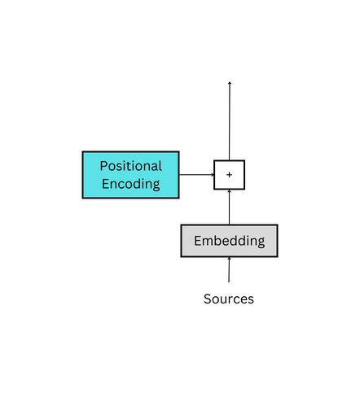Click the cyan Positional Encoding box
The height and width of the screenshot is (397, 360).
pos(130,174)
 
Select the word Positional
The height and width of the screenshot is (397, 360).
pos(130,166)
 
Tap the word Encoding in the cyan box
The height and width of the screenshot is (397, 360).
pos(130,184)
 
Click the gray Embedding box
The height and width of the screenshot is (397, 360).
pos(229,241)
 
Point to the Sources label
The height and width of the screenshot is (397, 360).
pos(228,299)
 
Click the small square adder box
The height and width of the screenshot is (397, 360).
pos(229,175)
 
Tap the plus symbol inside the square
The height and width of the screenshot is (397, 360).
pos(229,175)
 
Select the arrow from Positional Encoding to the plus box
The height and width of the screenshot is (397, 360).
pos(195,174)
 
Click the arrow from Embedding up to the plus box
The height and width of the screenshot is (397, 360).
pos(229,207)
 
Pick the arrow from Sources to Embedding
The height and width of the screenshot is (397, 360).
pos(229,270)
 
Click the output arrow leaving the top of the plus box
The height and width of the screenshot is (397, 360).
pos(229,122)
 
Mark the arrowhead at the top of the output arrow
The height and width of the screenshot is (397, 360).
pos(229,83)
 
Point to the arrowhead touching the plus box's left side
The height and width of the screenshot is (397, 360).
pos(211,174)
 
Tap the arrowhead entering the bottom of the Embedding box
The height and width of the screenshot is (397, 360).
pos(229,260)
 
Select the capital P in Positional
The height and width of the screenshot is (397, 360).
pos(103,166)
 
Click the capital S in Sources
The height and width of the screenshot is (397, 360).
pos(208,299)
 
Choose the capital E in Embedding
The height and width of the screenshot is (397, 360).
pos(198,241)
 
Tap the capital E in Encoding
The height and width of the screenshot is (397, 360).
pos(106,184)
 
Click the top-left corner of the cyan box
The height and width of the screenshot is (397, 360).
pos(83,152)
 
